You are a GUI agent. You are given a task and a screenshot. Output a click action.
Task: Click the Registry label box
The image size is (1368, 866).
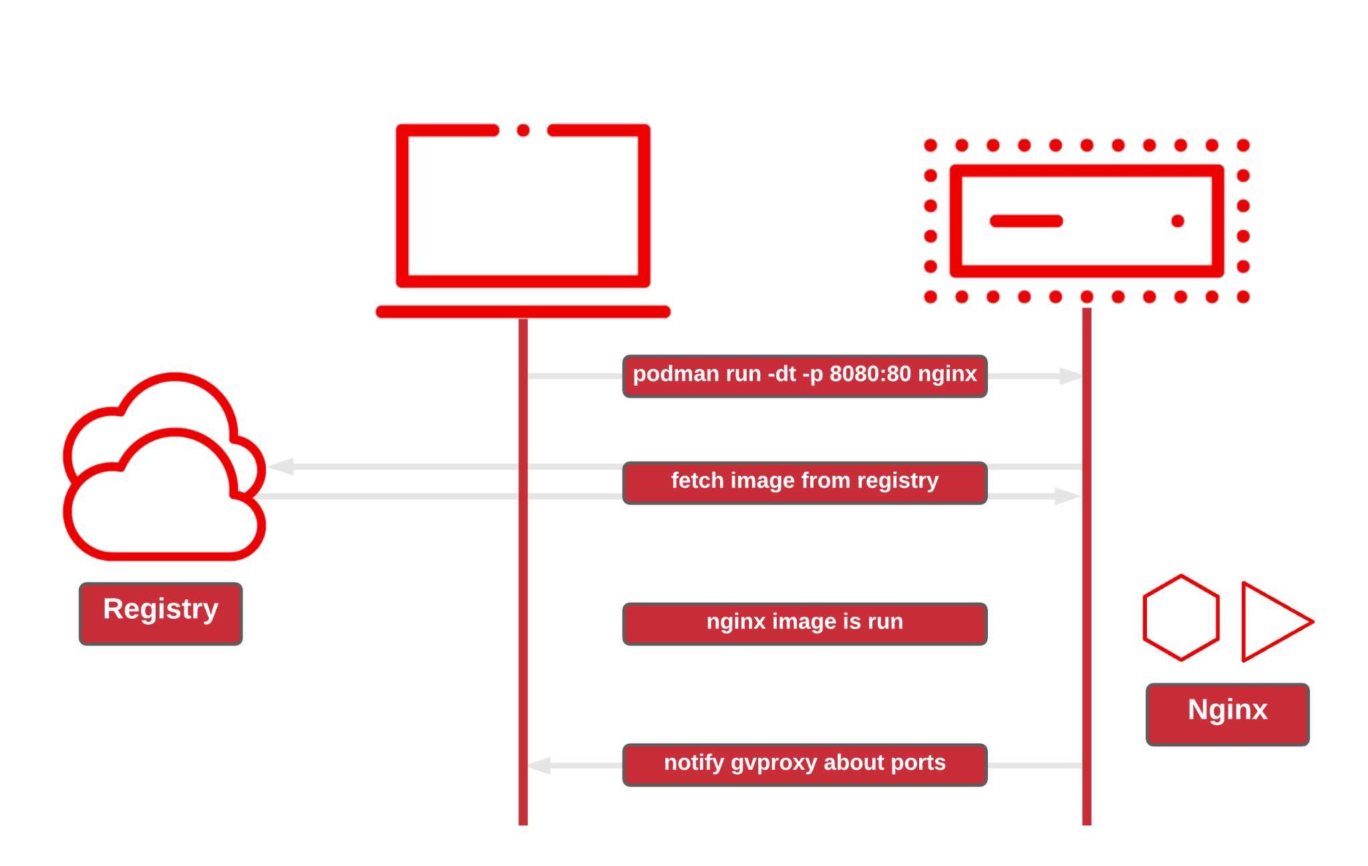coord(160,613)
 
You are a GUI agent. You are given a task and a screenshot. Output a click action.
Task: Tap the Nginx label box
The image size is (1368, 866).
coord(1227,714)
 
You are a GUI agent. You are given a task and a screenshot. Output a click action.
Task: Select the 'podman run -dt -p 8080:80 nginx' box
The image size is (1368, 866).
coord(804,376)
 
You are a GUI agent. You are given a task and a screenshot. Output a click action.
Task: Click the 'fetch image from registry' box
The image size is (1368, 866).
coord(804,482)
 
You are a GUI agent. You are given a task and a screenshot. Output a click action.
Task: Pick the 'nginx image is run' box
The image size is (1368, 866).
coord(804,623)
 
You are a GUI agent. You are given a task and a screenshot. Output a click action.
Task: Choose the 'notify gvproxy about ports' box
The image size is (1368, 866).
coord(804,764)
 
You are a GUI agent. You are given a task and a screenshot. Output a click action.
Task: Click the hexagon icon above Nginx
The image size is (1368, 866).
coord(1181,618)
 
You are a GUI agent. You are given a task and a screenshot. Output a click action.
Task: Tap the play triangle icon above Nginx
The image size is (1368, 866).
coord(1272,621)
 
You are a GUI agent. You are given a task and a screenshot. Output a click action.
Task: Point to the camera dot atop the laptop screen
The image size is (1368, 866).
coord(523,130)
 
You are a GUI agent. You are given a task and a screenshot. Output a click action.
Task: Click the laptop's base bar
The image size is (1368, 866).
coord(523,311)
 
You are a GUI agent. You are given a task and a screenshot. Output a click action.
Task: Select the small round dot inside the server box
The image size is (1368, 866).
coord(1178,221)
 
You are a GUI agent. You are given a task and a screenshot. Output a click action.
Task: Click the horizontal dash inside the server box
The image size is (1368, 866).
coord(1026,221)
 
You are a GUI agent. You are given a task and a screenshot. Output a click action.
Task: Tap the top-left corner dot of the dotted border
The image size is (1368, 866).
coord(930,145)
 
